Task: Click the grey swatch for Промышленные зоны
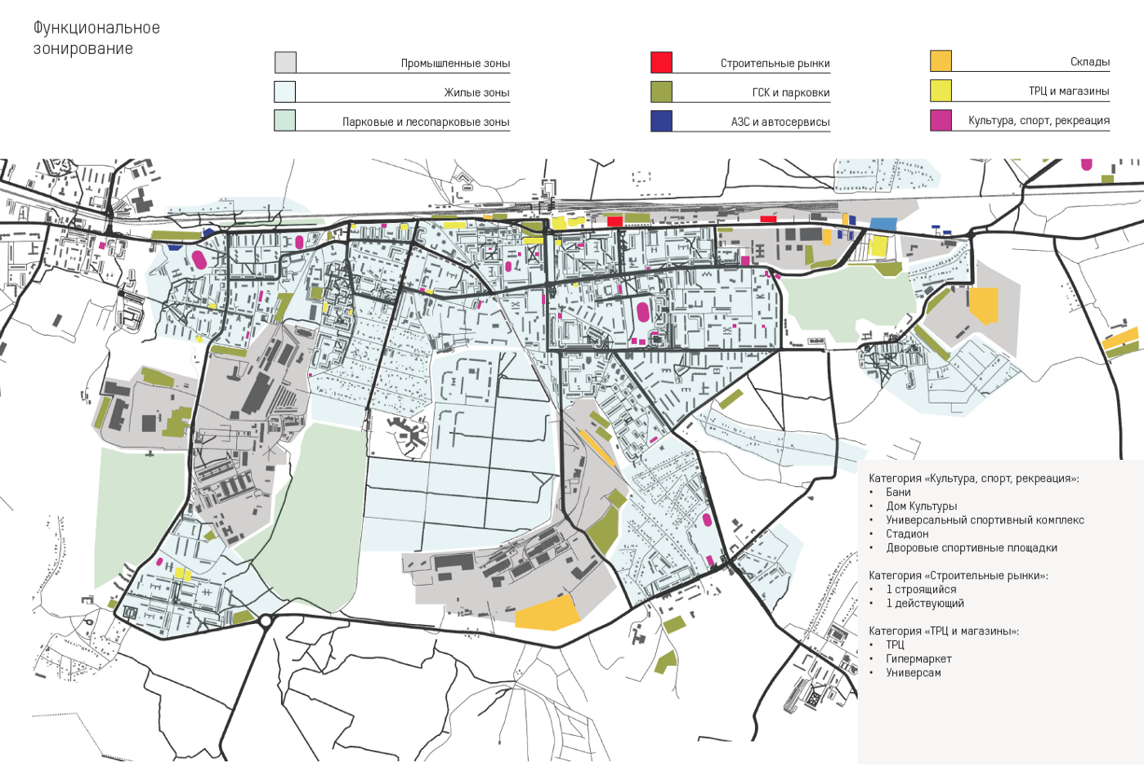285,63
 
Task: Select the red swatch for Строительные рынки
661,63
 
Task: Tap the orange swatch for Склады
941,61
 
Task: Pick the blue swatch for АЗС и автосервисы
661,121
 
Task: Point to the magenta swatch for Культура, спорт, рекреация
941,120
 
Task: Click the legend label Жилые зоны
476,93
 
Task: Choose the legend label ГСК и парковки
790,93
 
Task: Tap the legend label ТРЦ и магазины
1068,91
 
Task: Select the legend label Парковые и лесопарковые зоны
426,123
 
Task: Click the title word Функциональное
96,28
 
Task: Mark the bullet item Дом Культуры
921,506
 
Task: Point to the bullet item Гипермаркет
918,659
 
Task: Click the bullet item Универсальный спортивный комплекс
985,520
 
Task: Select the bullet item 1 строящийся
921,590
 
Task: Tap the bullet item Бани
898,493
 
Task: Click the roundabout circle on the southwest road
265,622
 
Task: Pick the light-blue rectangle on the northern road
883,224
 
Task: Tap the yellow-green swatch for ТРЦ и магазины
941,91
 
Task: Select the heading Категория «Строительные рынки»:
958,576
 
